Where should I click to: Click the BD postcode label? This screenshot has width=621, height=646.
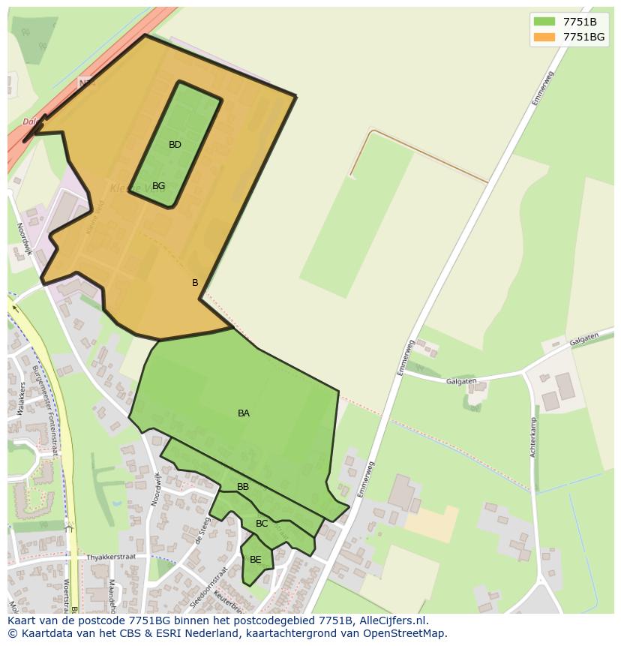[x=175, y=145]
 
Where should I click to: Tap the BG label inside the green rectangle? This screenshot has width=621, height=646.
[x=158, y=186]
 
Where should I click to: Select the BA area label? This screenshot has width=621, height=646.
[x=244, y=413]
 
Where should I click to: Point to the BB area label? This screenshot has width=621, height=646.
[x=243, y=487]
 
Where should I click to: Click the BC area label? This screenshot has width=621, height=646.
[x=262, y=524]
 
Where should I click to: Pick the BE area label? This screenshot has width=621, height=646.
[x=256, y=560]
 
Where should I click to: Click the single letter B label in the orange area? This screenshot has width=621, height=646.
[x=195, y=283]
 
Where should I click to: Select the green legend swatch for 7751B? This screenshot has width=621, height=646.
[x=544, y=22]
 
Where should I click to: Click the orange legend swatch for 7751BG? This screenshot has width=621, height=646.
[x=544, y=37]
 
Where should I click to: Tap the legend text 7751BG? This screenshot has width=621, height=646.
[x=583, y=37]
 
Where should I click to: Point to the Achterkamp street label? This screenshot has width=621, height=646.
[x=534, y=443]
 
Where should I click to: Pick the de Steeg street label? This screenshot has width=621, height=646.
[x=200, y=530]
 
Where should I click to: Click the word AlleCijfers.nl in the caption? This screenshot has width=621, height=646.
[x=392, y=620]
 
